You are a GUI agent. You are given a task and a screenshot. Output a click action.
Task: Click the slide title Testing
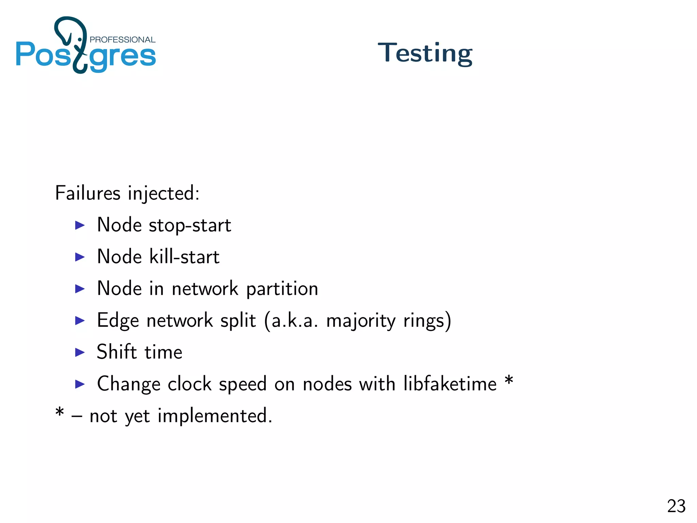click(425, 53)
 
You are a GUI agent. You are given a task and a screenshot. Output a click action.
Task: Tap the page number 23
click(676, 506)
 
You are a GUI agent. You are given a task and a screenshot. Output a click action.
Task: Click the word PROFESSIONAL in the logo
click(122, 39)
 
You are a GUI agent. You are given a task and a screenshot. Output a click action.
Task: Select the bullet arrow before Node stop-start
click(80, 225)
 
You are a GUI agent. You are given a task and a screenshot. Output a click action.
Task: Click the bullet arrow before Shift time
click(80, 352)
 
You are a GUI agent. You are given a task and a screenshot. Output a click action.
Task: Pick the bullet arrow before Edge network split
click(80, 320)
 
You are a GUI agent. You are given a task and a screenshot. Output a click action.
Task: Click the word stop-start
click(190, 225)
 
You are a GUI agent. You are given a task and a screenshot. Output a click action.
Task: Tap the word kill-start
click(184, 257)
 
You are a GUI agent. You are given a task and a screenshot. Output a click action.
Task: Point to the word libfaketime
click(450, 384)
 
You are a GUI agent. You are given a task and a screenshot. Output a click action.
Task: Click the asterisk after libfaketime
click(509, 380)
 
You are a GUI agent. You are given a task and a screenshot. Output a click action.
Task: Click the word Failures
click(88, 193)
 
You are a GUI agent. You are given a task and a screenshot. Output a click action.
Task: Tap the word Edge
click(118, 321)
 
